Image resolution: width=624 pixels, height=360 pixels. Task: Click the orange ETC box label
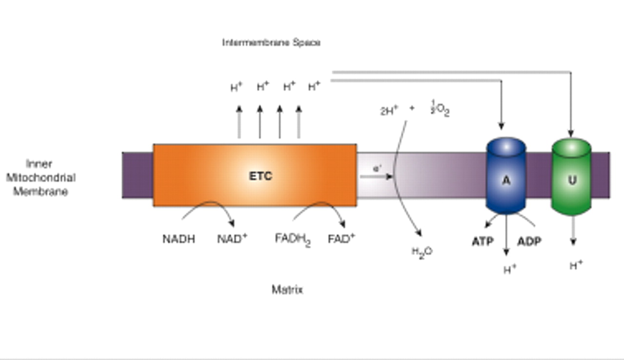260,176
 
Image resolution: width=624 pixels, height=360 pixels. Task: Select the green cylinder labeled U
571,180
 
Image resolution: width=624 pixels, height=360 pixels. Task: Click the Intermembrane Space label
271,42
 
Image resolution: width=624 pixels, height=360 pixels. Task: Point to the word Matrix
287,290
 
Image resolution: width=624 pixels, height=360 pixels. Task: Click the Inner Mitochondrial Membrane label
40,178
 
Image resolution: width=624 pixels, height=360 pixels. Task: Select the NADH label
178,239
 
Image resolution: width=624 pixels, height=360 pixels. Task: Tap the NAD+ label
232,239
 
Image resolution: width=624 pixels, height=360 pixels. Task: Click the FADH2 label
292,240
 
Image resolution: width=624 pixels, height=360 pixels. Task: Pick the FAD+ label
341,239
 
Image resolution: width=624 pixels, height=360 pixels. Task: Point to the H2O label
422,252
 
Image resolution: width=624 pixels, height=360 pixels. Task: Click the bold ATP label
483,241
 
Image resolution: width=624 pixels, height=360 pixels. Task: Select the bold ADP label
529,241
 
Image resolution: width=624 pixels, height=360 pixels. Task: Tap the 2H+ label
389,111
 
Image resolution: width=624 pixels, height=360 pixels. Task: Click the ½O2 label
440,109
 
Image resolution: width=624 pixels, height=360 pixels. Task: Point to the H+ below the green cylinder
576,266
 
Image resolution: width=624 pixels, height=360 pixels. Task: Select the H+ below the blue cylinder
510,269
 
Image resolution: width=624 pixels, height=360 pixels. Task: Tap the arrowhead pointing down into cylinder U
571,133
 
